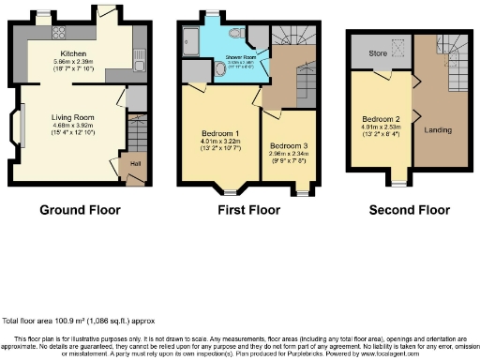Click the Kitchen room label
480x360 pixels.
tap(74, 54)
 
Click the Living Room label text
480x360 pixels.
tap(73, 117)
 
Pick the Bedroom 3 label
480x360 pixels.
tap(287, 147)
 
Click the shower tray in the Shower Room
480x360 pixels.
tap(191, 40)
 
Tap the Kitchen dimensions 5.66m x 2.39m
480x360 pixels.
tap(74, 62)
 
